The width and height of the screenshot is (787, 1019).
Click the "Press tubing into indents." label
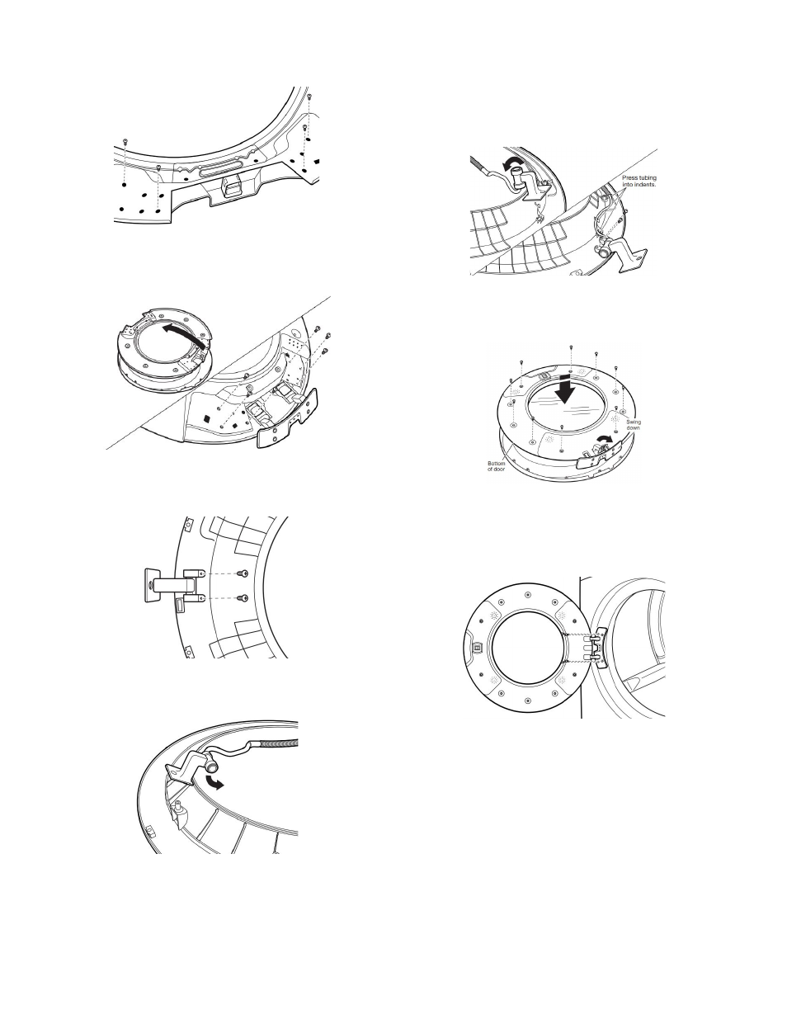pos(639,181)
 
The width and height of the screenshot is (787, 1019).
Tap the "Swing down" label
pos(634,425)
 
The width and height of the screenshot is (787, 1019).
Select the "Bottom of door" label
pos(497,466)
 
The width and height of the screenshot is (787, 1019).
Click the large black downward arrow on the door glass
pos(566,389)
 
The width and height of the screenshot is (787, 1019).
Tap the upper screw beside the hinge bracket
pos(243,573)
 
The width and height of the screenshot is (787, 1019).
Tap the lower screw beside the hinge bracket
pos(243,598)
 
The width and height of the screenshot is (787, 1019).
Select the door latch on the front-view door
pos(477,647)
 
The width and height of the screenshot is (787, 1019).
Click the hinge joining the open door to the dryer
pos(599,648)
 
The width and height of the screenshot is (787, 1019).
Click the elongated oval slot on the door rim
pos(222,167)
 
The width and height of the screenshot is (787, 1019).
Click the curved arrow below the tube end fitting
pos(214,781)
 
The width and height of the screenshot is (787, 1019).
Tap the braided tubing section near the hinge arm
pos(280,743)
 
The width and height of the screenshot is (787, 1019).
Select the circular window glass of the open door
pos(526,648)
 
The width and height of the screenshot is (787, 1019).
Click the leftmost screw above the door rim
pos(125,141)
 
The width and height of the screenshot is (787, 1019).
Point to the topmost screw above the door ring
pos(571,347)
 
